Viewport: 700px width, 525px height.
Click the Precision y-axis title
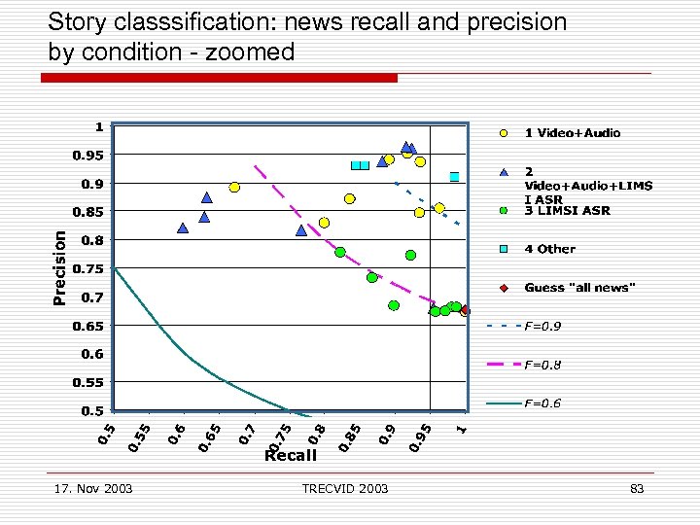click(60, 267)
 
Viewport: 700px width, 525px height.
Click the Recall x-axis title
click(291, 455)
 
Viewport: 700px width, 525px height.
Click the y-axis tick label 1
click(99, 125)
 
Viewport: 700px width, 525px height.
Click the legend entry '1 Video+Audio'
click(572, 132)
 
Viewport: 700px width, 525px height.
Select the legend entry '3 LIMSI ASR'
click(568, 210)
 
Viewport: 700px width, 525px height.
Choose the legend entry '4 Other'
click(549, 249)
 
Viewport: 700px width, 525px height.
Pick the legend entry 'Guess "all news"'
click(579, 287)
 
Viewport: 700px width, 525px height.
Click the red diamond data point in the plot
click(465, 311)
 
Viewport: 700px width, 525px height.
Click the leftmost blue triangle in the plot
click(183, 228)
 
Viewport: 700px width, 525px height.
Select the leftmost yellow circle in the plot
click(234, 188)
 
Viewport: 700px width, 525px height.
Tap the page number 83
click(637, 488)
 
